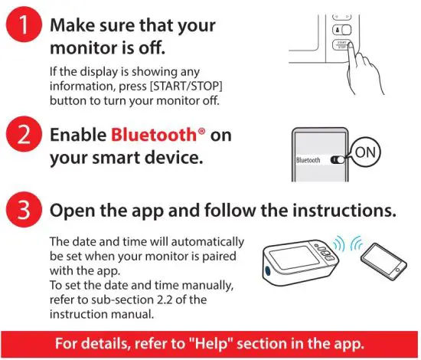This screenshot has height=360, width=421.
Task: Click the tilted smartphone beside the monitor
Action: tap(382, 267)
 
